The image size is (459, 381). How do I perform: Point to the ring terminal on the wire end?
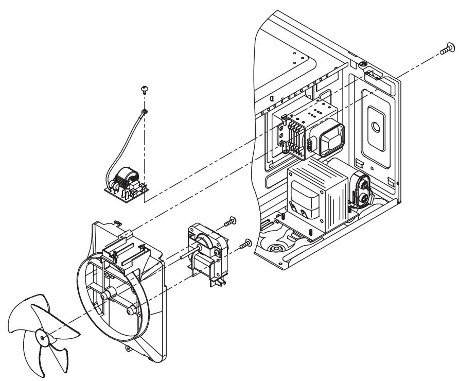click(x=144, y=111)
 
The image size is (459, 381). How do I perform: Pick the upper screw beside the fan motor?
click(x=231, y=221)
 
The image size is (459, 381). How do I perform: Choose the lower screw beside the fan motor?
click(x=247, y=242)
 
